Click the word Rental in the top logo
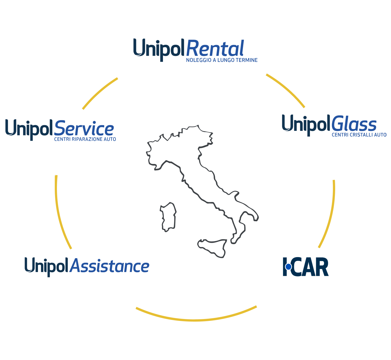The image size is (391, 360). coord(215,48)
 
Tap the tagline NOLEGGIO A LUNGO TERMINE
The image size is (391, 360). coord(222,60)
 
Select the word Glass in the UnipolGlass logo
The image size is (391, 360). coord(354,124)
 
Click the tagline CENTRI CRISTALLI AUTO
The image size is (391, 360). coord(359,135)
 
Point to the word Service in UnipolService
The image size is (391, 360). coord(84,128)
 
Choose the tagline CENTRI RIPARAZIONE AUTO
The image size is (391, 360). coord(85,139)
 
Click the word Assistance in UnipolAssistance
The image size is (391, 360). coord(110,266)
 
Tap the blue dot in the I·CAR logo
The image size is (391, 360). coord(288,267)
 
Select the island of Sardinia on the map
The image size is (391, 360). coord(168,217)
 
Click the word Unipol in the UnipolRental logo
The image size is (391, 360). coord(159,50)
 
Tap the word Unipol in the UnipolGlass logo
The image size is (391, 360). coord(306,125)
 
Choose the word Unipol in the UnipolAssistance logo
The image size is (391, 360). coord(46,267)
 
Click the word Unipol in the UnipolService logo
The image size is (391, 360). coord(29,130)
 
